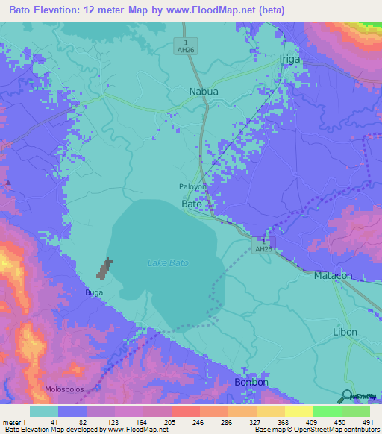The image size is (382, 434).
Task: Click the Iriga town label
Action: tap(289, 59)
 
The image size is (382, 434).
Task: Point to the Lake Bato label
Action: tap(168, 262)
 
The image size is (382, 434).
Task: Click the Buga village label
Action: tap(94, 293)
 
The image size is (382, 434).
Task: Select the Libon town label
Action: tap(344, 332)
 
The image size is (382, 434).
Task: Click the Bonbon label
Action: tap(251, 382)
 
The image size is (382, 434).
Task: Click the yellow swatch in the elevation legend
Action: tap(298, 411)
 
